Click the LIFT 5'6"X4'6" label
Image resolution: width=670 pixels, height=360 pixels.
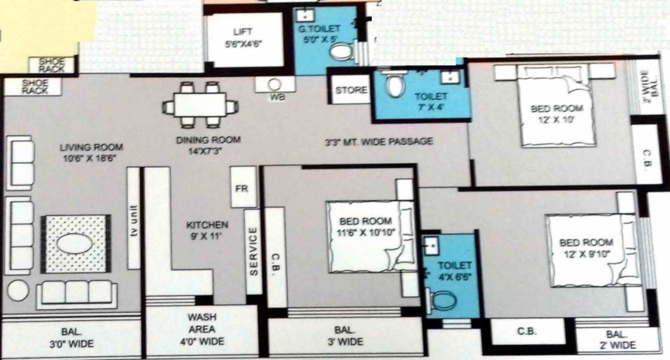click(x=244, y=37)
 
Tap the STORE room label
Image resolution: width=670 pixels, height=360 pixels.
click(x=351, y=91)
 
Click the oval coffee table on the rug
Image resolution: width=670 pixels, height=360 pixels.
click(x=74, y=244)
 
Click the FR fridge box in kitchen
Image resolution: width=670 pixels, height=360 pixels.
click(x=243, y=189)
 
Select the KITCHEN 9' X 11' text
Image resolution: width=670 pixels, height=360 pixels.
click(x=207, y=230)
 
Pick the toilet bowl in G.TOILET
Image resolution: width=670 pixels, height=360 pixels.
click(x=343, y=52)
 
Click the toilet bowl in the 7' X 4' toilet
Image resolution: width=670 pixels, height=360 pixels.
click(x=396, y=84)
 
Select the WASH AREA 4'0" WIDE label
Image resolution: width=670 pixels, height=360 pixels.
click(x=202, y=329)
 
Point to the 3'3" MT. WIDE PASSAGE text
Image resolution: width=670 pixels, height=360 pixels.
click(x=378, y=142)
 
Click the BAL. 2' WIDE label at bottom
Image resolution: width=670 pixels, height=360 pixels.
click(x=617, y=339)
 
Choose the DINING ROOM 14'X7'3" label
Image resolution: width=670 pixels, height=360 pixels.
click(x=208, y=144)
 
